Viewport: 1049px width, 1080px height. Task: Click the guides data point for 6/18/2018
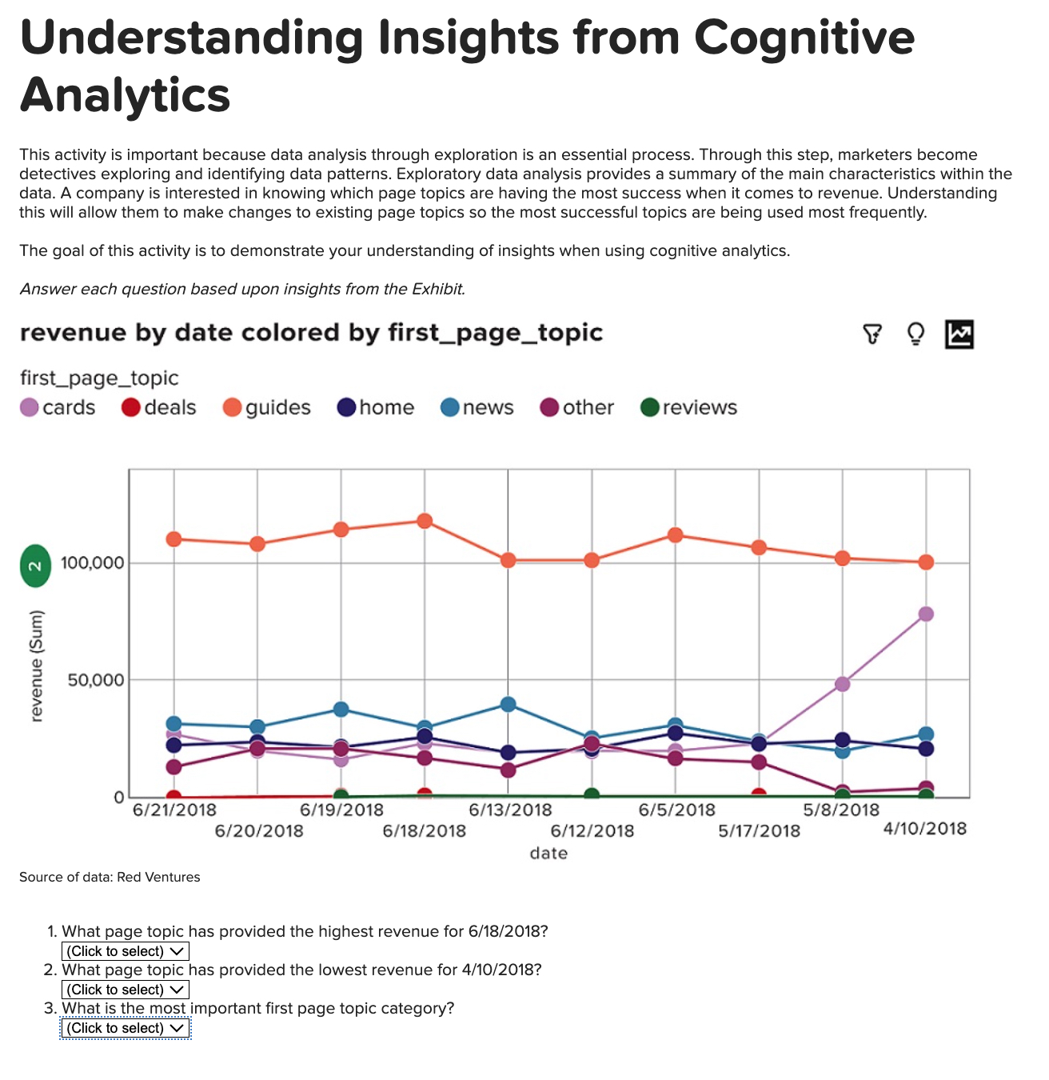pyautogui.click(x=425, y=521)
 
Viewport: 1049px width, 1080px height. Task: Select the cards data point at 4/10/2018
pyautogui.click(x=926, y=614)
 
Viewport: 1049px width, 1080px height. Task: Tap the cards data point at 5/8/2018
pyautogui.click(x=842, y=684)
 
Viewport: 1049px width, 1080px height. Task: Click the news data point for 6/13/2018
pyautogui.click(x=508, y=704)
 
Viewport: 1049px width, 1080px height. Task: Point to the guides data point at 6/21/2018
pyautogui.click(x=174, y=539)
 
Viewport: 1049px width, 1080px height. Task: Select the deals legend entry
pyautogui.click(x=158, y=408)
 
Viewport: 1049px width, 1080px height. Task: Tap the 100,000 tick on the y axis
pyautogui.click(x=93, y=563)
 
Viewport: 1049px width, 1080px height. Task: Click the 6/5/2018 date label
pyautogui.click(x=676, y=810)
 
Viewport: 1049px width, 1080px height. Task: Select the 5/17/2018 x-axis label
pyautogui.click(x=759, y=831)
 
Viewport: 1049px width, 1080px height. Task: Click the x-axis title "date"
pyautogui.click(x=548, y=854)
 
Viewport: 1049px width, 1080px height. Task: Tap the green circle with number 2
pyautogui.click(x=35, y=566)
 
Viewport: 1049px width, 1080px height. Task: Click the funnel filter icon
pyautogui.click(x=872, y=334)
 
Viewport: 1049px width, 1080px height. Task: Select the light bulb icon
pyautogui.click(x=915, y=334)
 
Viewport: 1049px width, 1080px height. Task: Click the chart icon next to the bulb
pyautogui.click(x=959, y=334)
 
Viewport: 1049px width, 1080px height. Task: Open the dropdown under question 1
pyautogui.click(x=126, y=951)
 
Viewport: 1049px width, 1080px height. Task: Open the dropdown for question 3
pyautogui.click(x=126, y=1028)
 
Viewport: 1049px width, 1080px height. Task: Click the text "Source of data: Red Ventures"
pyautogui.click(x=110, y=877)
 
